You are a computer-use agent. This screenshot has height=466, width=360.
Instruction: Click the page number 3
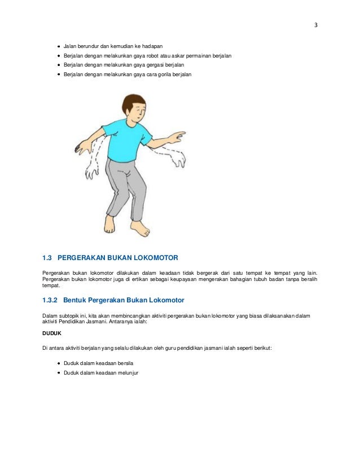(x=316, y=25)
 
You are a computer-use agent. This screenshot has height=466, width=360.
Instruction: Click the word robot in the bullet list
(x=152, y=56)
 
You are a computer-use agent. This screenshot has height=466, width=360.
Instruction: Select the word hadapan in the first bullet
(x=152, y=46)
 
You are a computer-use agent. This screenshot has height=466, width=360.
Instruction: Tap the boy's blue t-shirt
(x=126, y=140)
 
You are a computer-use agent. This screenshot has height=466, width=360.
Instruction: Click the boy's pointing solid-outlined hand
(x=177, y=137)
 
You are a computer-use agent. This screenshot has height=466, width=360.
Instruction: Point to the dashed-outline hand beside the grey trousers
(x=92, y=171)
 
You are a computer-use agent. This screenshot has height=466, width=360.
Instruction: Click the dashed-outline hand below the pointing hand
(x=179, y=160)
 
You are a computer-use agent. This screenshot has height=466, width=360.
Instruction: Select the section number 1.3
(x=47, y=258)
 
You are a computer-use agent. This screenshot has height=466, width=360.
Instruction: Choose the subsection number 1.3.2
(x=50, y=300)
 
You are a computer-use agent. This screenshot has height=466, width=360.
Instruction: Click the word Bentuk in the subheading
(x=74, y=300)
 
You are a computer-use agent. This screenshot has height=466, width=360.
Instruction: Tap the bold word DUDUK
(x=52, y=333)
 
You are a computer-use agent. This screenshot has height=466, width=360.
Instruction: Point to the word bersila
(x=125, y=363)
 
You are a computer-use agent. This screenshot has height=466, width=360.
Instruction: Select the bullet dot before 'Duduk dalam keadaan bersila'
(x=59, y=363)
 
